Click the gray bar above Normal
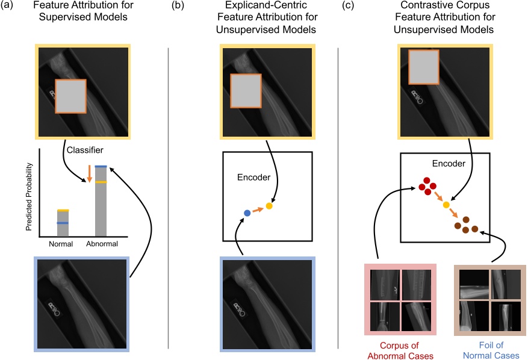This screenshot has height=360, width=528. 62,223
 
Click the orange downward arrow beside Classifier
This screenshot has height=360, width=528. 89,173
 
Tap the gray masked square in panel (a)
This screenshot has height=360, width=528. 72,96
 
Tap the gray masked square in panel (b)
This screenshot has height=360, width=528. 245,90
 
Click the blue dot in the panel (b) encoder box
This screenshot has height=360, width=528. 247,213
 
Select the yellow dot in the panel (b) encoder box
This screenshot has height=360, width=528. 269,206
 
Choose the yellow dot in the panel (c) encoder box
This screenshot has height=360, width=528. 446,205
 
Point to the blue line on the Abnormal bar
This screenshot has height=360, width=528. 101,166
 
